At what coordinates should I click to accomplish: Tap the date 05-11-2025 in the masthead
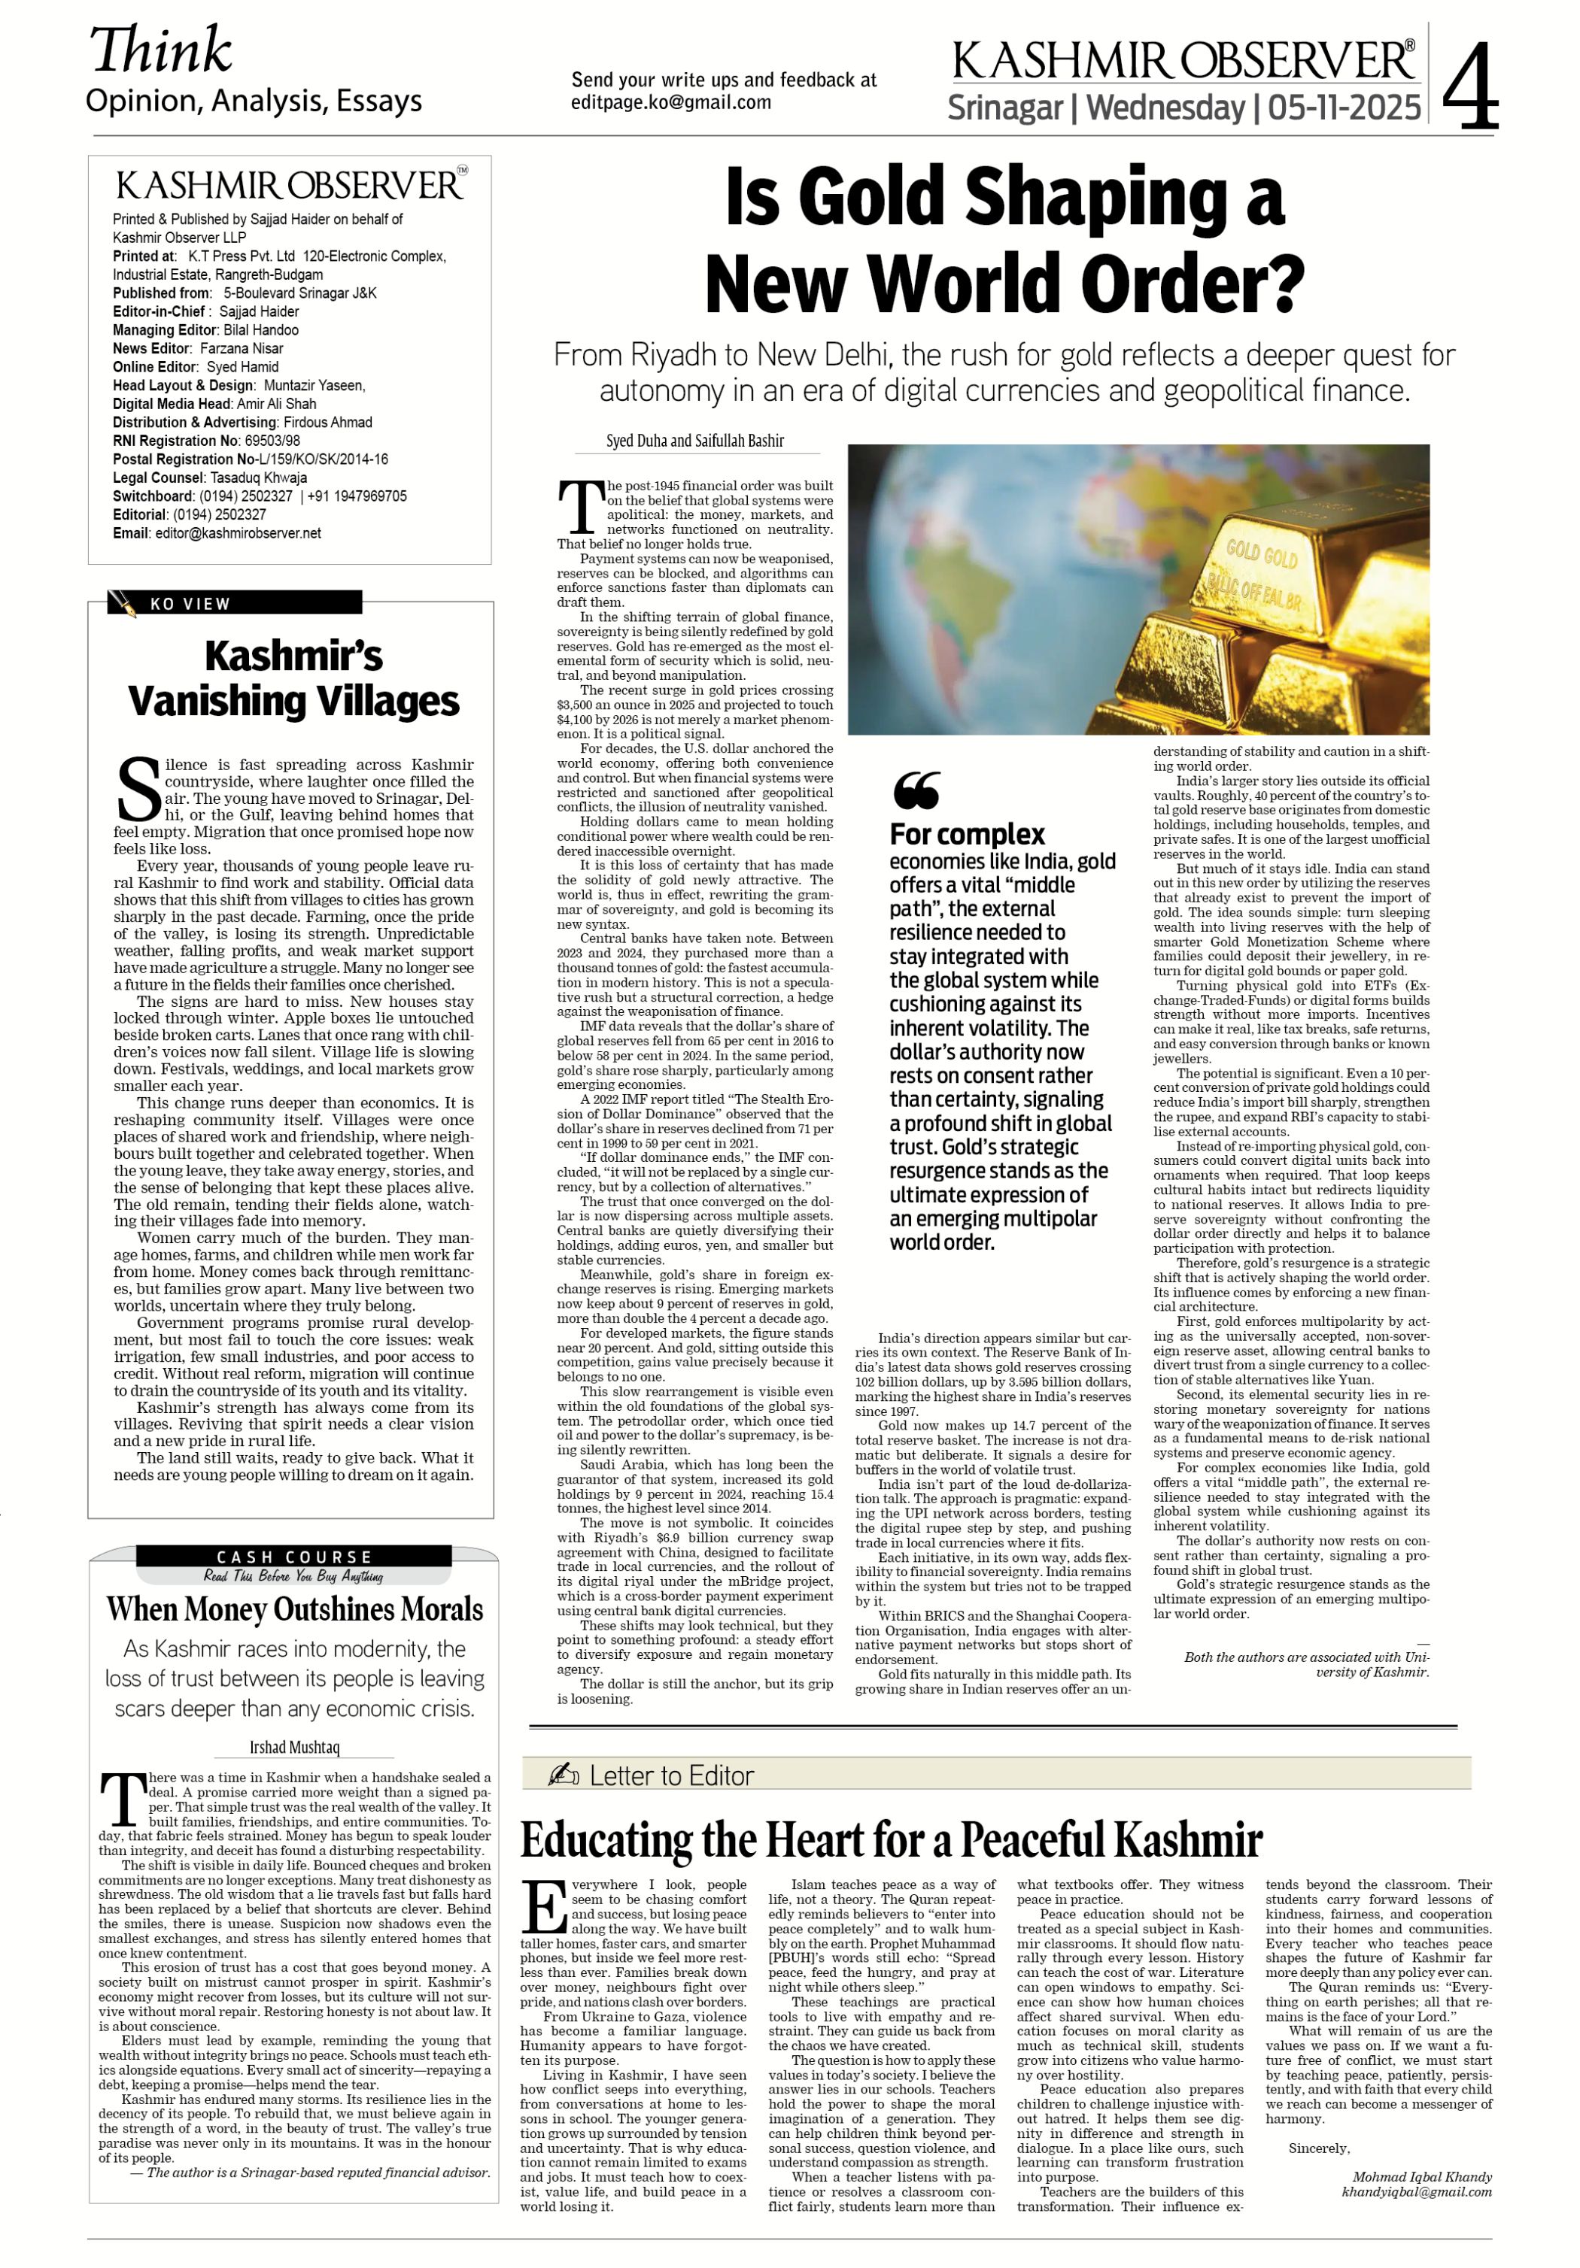tap(1344, 107)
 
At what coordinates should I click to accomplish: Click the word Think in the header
tap(161, 51)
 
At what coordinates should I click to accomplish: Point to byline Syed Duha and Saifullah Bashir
tap(694, 441)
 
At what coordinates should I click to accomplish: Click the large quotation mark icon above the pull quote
tap(916, 790)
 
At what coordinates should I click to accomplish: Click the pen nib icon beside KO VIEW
tap(123, 602)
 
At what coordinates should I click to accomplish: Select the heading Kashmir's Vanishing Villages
tap(293, 678)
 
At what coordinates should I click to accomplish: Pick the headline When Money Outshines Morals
tap(294, 1609)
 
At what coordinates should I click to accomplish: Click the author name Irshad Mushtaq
tap(293, 1746)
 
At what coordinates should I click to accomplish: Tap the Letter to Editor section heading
tap(671, 1776)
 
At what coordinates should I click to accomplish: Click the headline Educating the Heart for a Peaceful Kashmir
tap(892, 1840)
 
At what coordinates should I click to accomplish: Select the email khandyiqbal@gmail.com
tap(1416, 2192)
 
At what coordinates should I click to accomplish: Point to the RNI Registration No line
tap(206, 441)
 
